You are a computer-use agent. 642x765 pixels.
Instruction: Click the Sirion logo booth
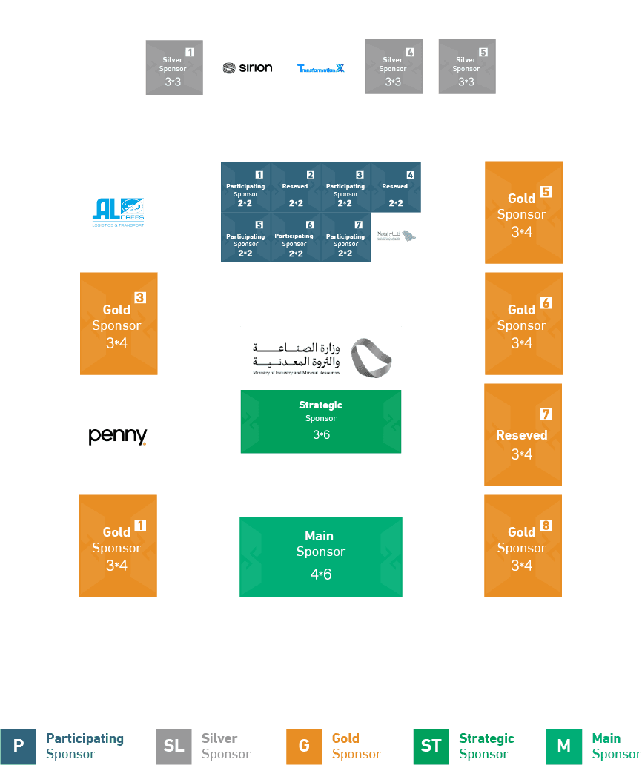pos(248,67)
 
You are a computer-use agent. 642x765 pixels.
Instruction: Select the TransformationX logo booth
pos(320,67)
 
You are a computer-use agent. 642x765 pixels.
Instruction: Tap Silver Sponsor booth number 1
pos(174,67)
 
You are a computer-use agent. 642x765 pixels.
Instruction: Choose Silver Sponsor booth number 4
pos(394,67)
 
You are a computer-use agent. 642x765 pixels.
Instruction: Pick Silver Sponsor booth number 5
pos(466,67)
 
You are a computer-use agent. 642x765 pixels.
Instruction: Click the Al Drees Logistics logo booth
pos(119,212)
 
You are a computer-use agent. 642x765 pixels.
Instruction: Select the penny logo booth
pos(118,434)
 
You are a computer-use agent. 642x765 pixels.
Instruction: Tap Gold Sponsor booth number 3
pos(119,323)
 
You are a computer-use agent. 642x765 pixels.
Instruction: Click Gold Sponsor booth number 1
pos(118,546)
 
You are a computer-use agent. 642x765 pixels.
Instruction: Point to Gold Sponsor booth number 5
pos(523,212)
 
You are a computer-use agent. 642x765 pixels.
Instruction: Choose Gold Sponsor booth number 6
pos(523,323)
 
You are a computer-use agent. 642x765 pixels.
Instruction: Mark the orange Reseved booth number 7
pos(523,434)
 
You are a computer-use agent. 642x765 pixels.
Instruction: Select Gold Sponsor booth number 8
pos(523,546)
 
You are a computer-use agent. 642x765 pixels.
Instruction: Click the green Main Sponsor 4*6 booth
pos(321,557)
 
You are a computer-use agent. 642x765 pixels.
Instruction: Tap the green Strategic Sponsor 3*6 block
pos(321,421)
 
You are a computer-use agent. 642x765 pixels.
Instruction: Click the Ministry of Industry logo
pos(321,358)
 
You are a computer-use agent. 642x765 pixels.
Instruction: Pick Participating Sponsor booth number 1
pos(246,188)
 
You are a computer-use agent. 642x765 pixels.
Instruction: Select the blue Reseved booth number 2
pos(296,188)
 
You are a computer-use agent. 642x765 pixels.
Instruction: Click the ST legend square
pos(431,746)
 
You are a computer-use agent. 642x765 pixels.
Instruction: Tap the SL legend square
pos(173,746)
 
